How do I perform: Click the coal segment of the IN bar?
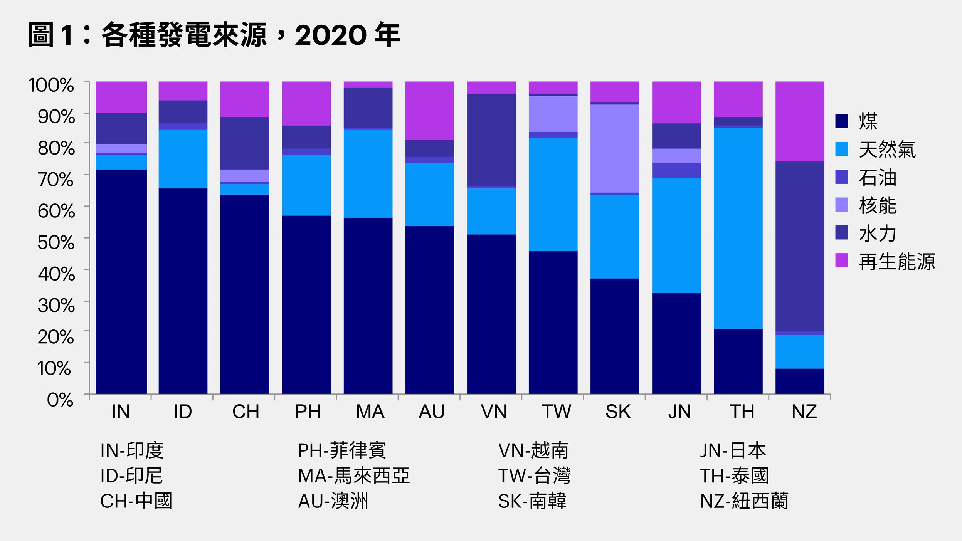click(121, 281)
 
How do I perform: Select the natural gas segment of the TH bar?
click(738, 228)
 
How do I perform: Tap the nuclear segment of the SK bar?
click(614, 148)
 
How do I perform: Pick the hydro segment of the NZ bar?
click(799, 246)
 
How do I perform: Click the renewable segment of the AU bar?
click(429, 111)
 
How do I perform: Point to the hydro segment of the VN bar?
click(491, 140)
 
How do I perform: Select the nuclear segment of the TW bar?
click(553, 114)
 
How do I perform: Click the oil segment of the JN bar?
click(676, 170)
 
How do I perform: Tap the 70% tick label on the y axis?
click(56, 180)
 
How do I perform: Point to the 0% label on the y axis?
click(60, 400)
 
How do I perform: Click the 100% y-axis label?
click(51, 85)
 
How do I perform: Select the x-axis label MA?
click(370, 412)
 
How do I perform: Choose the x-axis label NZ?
click(804, 412)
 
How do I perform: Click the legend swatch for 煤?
click(841, 121)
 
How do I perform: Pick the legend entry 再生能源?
click(896, 262)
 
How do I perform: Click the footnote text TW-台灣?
click(534, 475)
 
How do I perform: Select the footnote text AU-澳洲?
click(333, 501)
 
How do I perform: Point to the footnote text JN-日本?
click(733, 450)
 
